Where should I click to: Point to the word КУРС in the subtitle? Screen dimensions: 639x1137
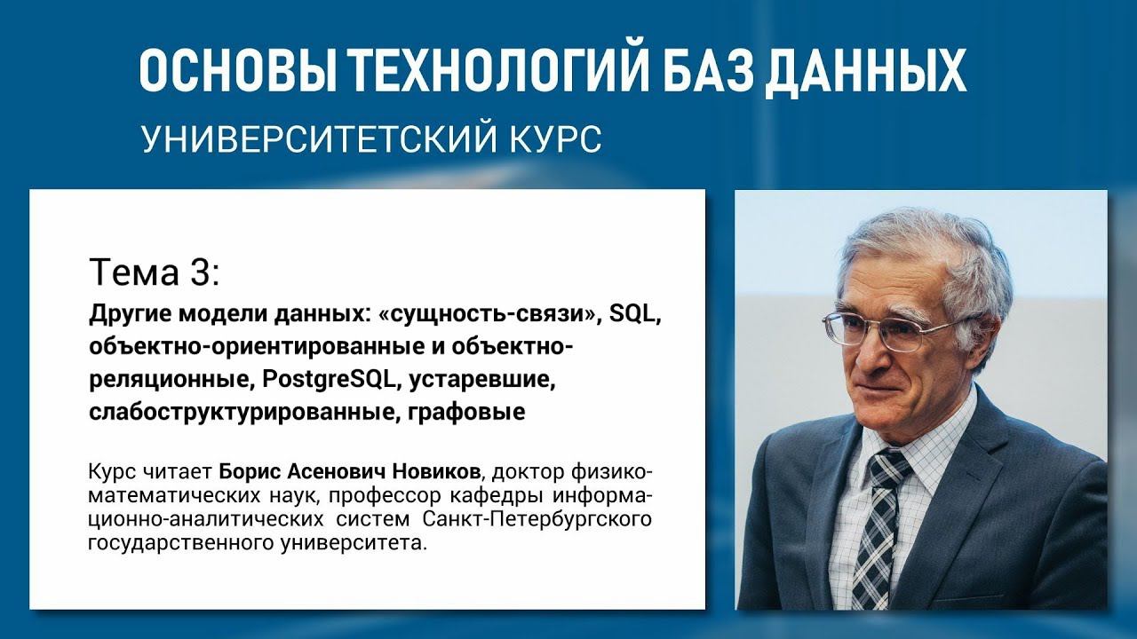(x=554, y=138)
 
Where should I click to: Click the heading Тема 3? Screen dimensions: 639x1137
(x=153, y=272)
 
